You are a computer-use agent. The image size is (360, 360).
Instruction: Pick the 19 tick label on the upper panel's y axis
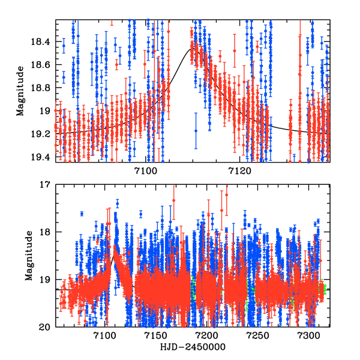pyautogui.click(x=46, y=111)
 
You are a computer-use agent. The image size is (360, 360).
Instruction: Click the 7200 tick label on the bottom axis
pyautogui.click(x=208, y=337)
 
